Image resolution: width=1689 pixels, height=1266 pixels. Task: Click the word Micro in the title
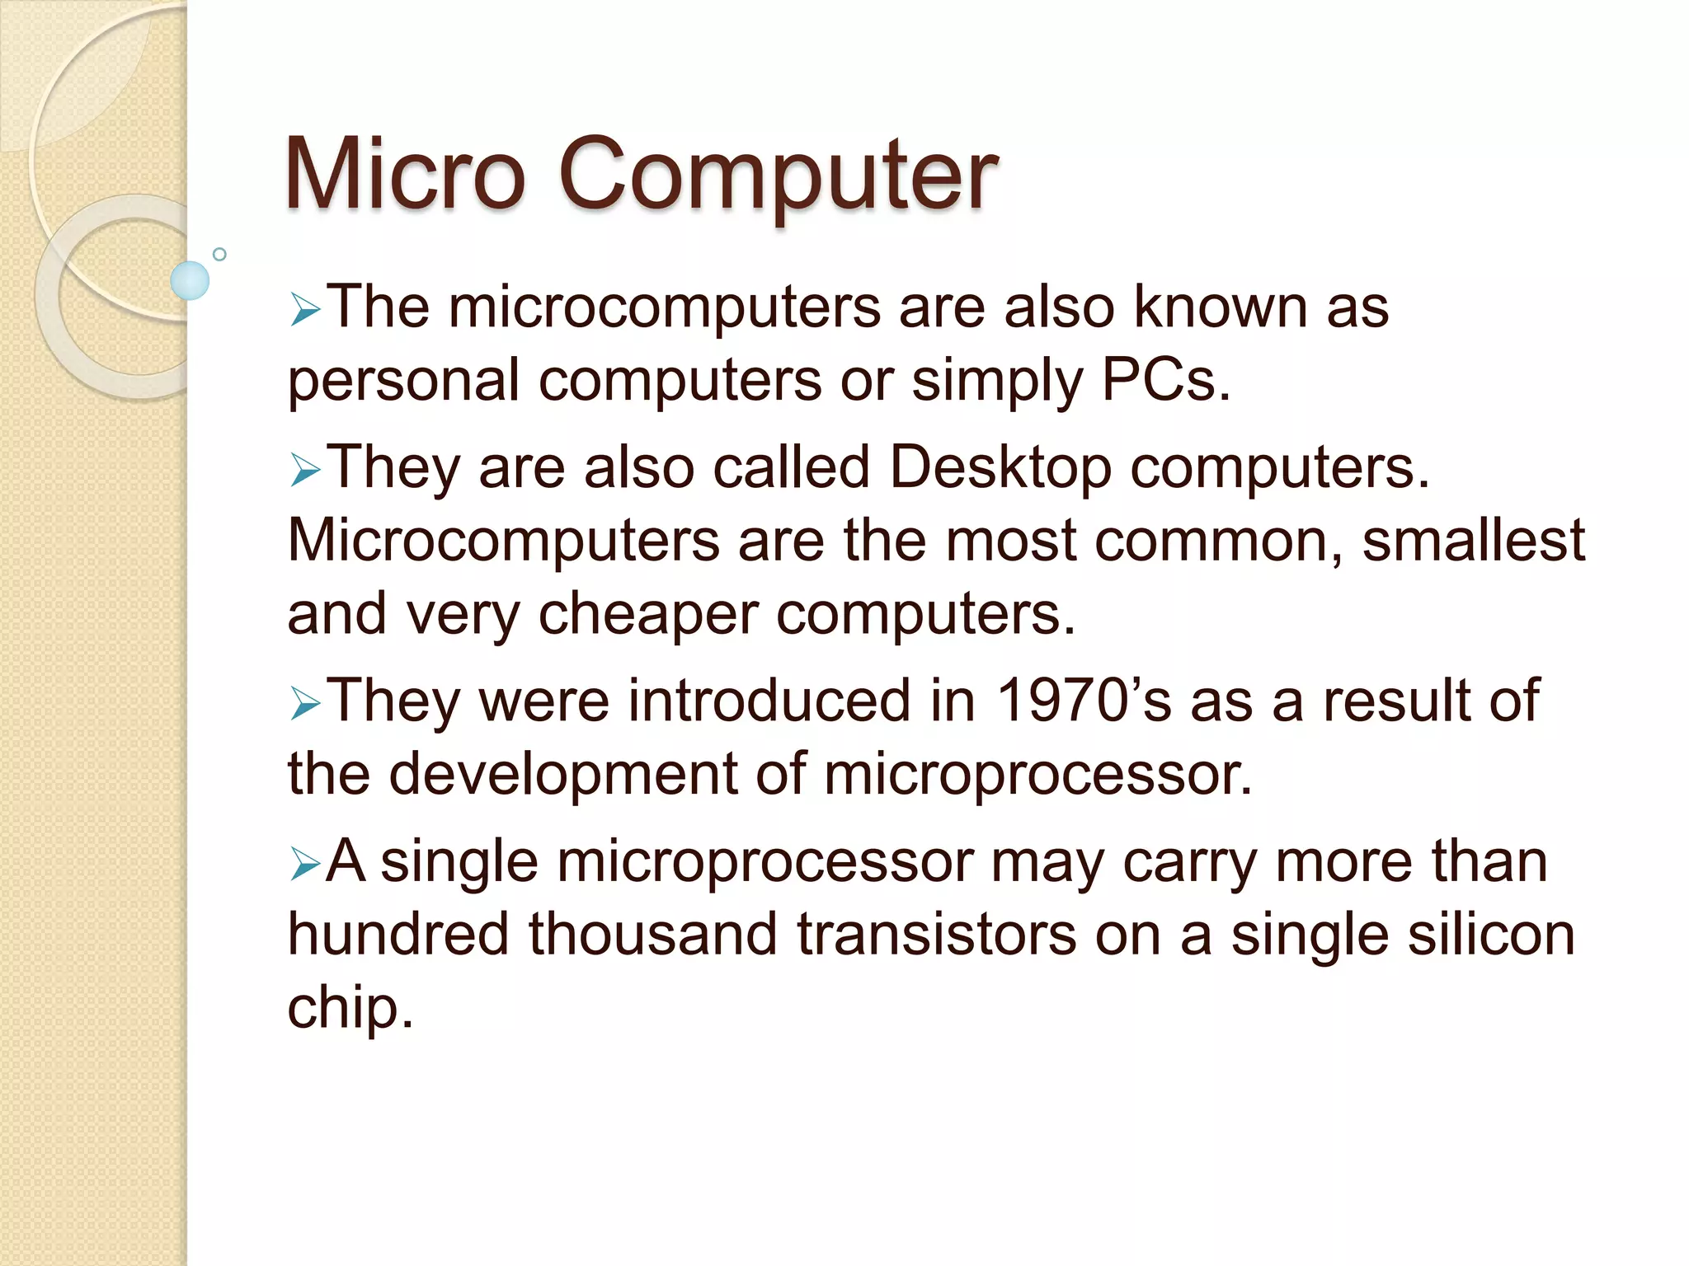pyautogui.click(x=405, y=175)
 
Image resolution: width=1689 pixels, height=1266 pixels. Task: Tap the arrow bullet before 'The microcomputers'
pyautogui.click(x=304, y=312)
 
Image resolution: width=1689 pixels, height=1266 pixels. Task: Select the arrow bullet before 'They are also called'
pyautogui.click(x=304, y=471)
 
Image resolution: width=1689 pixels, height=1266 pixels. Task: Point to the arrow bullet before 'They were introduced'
pyautogui.click(x=304, y=706)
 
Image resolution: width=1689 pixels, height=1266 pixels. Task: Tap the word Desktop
pyautogui.click(x=1000, y=468)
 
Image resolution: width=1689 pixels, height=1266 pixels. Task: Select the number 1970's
pyautogui.click(x=1084, y=701)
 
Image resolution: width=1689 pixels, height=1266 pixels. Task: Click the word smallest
pyautogui.click(x=1473, y=541)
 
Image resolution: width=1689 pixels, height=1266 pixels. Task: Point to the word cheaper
pyautogui.click(x=648, y=615)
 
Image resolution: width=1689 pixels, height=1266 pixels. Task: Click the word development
pyautogui.click(x=563, y=775)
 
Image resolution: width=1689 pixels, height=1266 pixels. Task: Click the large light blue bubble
pyautogui.click(x=190, y=280)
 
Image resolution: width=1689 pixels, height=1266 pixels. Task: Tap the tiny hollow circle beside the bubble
pyautogui.click(x=219, y=254)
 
